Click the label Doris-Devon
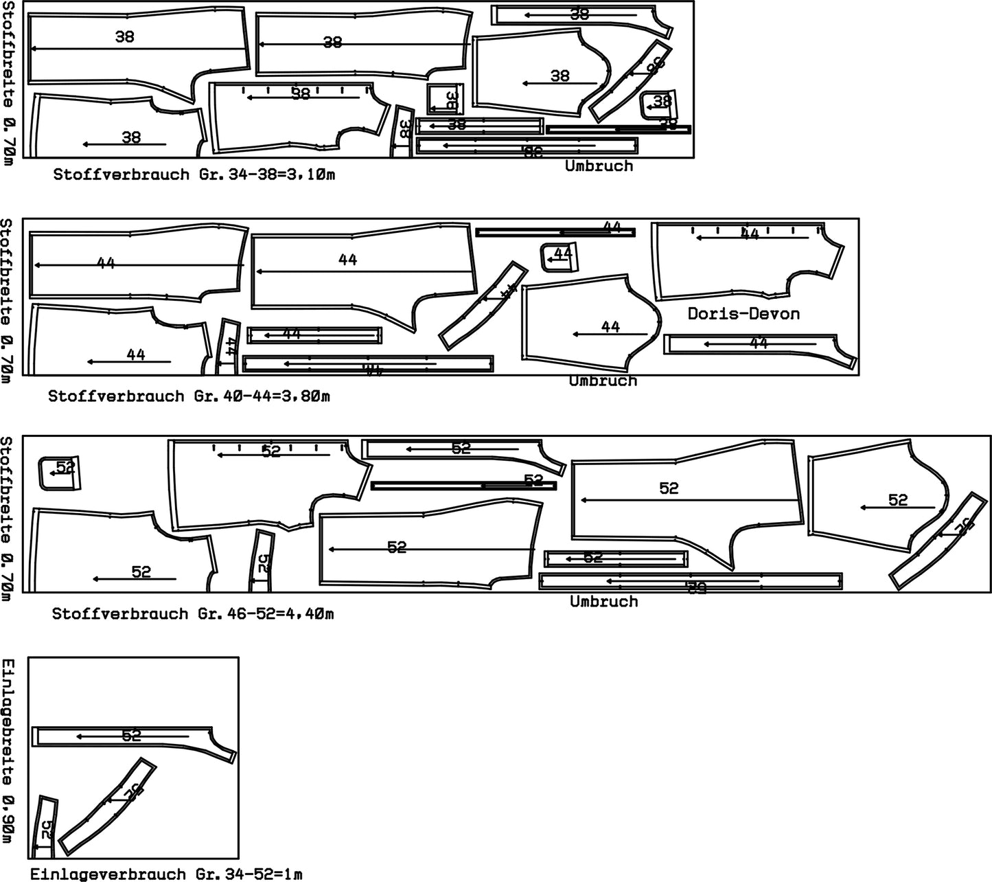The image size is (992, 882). (x=743, y=315)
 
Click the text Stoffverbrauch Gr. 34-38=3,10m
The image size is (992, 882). (x=194, y=174)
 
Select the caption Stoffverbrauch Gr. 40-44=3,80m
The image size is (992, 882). (x=189, y=396)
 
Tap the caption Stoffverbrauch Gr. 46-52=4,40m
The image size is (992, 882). (x=193, y=613)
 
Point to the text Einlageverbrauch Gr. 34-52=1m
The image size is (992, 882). (x=166, y=874)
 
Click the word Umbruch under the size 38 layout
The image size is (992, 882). (x=599, y=166)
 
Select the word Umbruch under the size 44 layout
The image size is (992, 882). (x=603, y=381)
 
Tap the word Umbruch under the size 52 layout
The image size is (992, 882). (x=604, y=602)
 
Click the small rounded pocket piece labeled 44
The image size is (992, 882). (x=560, y=257)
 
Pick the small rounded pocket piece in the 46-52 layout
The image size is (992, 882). (x=60, y=473)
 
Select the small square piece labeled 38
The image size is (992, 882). (x=445, y=99)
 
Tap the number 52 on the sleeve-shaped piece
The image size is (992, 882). (x=897, y=500)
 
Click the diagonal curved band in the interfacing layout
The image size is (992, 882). (x=108, y=806)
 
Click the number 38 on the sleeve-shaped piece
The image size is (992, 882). (x=560, y=76)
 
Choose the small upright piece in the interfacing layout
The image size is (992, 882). (x=45, y=827)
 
